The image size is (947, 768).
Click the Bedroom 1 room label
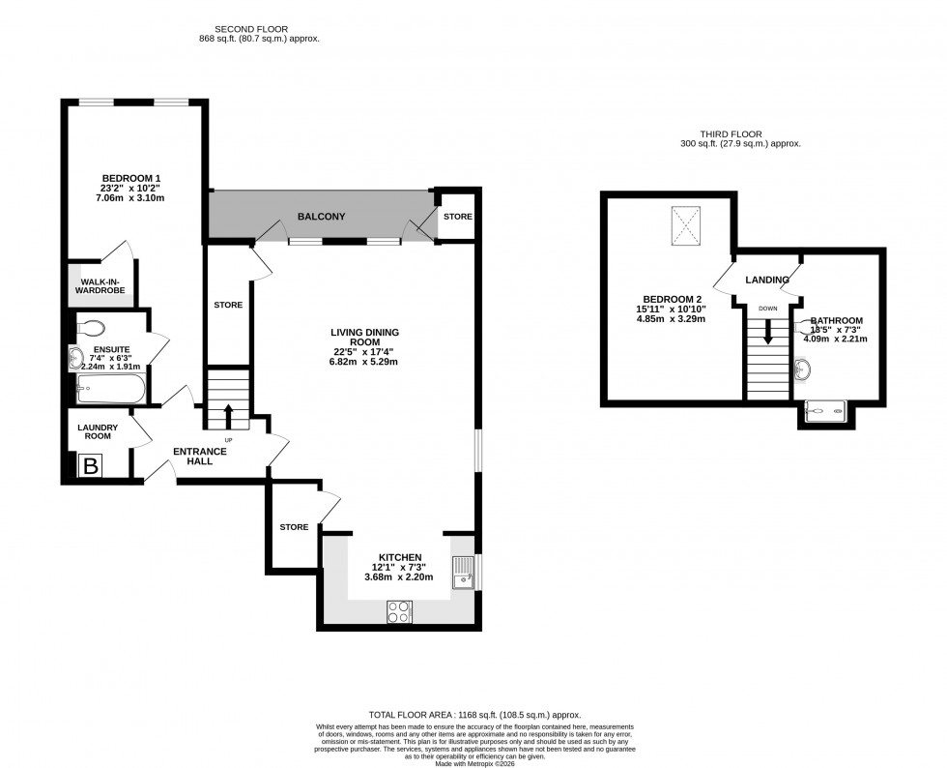[132, 177]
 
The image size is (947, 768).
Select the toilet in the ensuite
[93, 327]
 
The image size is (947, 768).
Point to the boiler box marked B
[92, 467]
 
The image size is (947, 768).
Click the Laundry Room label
[98, 430]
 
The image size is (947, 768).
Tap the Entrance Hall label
[199, 456]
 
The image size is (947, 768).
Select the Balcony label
[321, 217]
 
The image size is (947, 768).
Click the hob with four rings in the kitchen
[399, 611]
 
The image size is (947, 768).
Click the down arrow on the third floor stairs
[768, 334]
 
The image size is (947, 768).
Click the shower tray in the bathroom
[827, 413]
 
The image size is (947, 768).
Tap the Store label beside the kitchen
[294, 527]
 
